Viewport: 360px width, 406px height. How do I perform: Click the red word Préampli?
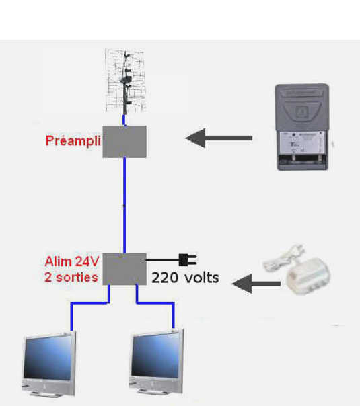click(x=73, y=141)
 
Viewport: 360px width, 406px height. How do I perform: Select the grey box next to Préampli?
click(x=124, y=142)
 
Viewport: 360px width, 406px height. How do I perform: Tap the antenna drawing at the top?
click(x=125, y=81)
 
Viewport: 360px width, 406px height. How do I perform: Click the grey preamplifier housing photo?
click(x=302, y=127)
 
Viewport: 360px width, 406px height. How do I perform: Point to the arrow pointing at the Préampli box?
click(x=219, y=138)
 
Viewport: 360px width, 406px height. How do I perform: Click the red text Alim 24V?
click(x=72, y=261)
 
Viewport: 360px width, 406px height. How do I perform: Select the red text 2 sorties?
click(x=71, y=278)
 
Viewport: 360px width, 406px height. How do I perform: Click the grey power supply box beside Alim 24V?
click(x=124, y=269)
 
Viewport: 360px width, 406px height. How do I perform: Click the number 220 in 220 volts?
click(x=165, y=278)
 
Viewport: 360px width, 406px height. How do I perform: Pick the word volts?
click(x=202, y=278)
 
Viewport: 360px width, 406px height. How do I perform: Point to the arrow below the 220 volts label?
click(x=256, y=284)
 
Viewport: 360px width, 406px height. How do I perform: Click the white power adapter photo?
click(x=296, y=270)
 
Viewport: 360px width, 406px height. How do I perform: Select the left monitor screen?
click(x=48, y=358)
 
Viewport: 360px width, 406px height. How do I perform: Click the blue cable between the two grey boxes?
click(x=124, y=205)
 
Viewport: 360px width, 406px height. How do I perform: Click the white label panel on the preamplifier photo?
click(x=302, y=143)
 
